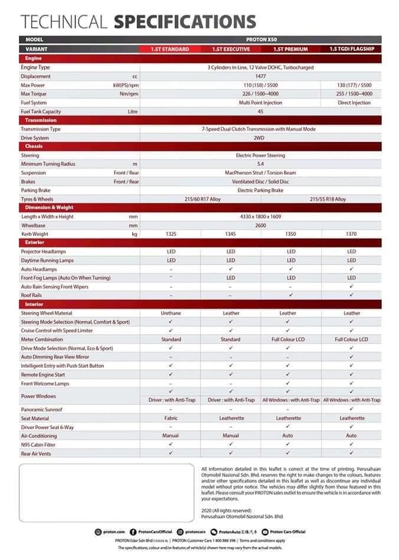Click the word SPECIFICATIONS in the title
click(185, 22)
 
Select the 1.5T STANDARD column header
click(170, 50)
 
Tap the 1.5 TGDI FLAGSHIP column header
click(351, 50)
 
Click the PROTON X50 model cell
click(260, 39)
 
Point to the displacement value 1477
click(260, 77)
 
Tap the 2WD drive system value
click(260, 138)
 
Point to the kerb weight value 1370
click(351, 234)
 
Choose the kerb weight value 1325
click(171, 234)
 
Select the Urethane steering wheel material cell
click(171, 313)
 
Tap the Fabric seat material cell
click(171, 418)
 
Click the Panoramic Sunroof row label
click(41, 409)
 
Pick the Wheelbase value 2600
click(260, 225)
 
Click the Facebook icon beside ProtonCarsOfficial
click(133, 532)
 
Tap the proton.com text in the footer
click(115, 532)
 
